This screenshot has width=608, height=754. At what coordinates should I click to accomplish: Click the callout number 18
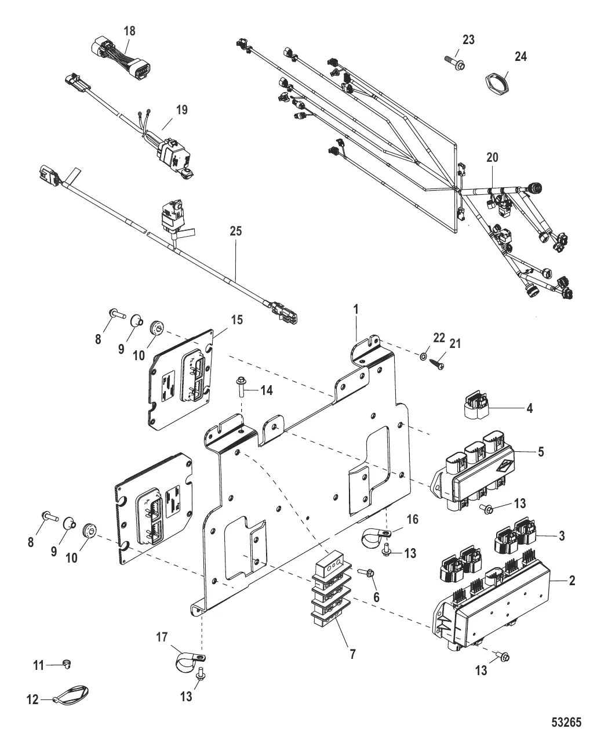130,31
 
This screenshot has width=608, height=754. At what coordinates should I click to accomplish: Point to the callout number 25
235,231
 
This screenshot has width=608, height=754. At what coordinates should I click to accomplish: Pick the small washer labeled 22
424,354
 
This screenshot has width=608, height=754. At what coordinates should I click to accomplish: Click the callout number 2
571,580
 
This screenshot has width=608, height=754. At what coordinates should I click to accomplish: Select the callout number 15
222,320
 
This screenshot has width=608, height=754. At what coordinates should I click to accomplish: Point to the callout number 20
492,157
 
